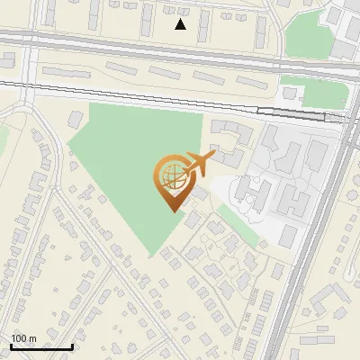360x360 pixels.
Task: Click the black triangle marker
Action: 181,24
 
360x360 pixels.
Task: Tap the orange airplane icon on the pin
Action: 199,163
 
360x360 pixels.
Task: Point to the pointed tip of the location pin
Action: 171,211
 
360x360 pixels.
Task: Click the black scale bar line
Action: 41,347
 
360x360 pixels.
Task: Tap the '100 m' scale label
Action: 23,338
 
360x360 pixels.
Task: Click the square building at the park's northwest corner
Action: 77,118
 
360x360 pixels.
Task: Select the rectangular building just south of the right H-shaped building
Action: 289,236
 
